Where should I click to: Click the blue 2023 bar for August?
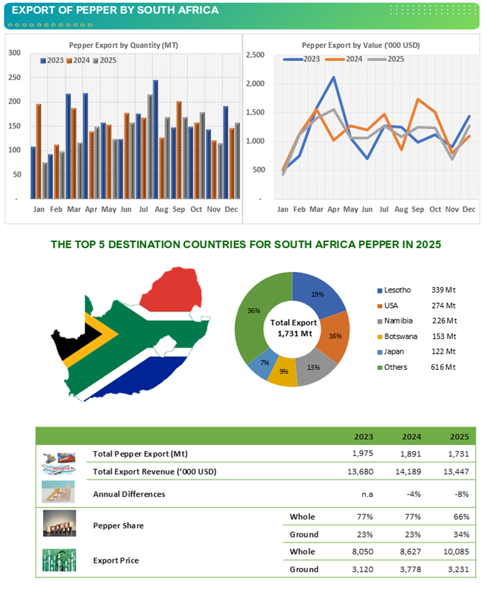coord(155,139)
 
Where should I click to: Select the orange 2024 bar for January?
coord(39,151)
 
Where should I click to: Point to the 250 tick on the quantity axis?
coord(13,77)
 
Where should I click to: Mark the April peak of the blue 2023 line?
coord(333,77)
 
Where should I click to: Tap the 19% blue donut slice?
coord(318,295)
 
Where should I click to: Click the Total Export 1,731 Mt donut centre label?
coord(293,328)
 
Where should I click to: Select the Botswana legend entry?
coord(396,336)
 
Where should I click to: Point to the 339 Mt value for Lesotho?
coord(443,291)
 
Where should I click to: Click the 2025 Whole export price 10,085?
coord(457,551)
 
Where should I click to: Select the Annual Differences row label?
coord(129,494)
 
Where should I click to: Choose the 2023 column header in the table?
coord(363,436)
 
